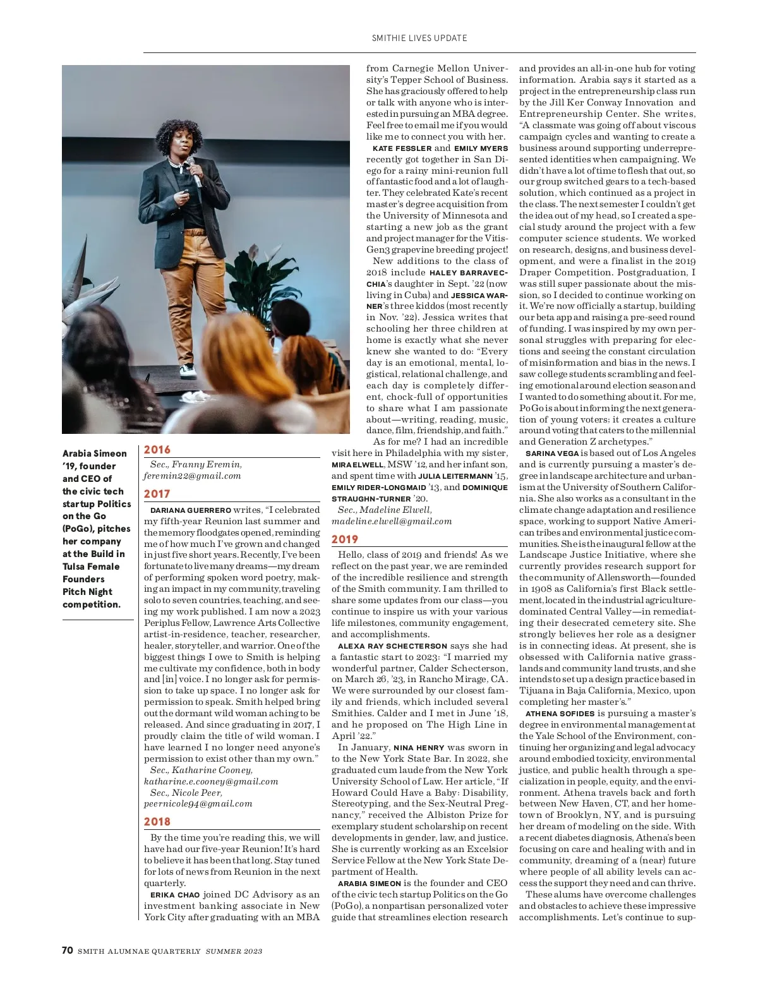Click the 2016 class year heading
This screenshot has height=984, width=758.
157,450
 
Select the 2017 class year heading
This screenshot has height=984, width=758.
157,494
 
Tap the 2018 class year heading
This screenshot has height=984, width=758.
157,822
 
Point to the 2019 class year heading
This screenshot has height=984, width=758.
345,539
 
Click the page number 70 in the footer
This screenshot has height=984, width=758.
68,951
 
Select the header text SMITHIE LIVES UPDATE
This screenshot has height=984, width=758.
419,38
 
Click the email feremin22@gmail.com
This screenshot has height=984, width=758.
192,476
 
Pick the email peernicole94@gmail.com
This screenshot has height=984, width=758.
198,803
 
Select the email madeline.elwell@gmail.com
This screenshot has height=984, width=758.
392,521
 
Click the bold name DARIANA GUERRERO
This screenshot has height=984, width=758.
191,510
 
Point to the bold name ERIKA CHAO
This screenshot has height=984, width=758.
175,895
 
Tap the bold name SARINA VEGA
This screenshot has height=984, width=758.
551,453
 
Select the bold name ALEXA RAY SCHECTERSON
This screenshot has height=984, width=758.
392,646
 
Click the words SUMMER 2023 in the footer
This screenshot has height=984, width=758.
234,951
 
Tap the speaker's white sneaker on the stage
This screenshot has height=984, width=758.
188,368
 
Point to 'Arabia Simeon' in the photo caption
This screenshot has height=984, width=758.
94,453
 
